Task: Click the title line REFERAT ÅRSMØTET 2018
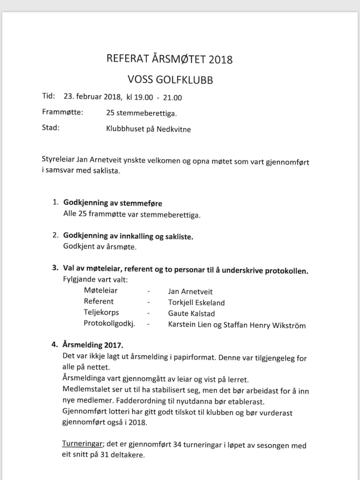click(x=170, y=60)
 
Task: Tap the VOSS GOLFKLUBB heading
click(x=170, y=80)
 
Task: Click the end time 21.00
click(x=172, y=98)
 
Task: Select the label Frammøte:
click(x=62, y=112)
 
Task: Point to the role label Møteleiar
click(x=100, y=291)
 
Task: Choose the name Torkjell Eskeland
click(x=196, y=302)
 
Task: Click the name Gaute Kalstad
click(x=191, y=314)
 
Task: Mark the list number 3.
click(x=55, y=270)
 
